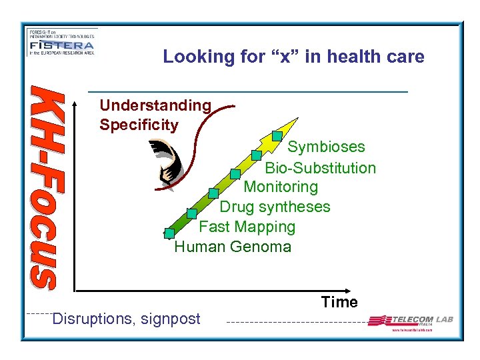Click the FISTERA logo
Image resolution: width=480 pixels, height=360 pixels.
61,44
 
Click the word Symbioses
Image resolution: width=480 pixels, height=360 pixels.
326,147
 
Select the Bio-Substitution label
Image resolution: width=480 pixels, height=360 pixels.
320,168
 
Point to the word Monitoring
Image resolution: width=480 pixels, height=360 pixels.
281,187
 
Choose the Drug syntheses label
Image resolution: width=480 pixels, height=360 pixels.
275,207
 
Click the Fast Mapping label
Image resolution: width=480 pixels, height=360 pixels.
247,227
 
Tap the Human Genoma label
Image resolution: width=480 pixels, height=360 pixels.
233,247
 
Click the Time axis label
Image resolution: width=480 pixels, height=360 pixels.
339,302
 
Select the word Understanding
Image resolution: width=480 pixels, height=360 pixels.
155,105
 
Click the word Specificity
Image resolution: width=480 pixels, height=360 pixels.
139,125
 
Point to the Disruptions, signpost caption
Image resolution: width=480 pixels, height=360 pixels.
126,319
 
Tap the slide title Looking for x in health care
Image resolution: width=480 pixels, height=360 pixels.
293,57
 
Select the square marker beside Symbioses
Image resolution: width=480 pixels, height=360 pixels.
277,136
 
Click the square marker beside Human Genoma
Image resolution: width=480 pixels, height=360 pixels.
169,233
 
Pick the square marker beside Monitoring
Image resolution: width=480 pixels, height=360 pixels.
235,174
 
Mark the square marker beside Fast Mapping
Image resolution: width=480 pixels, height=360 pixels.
191,213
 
